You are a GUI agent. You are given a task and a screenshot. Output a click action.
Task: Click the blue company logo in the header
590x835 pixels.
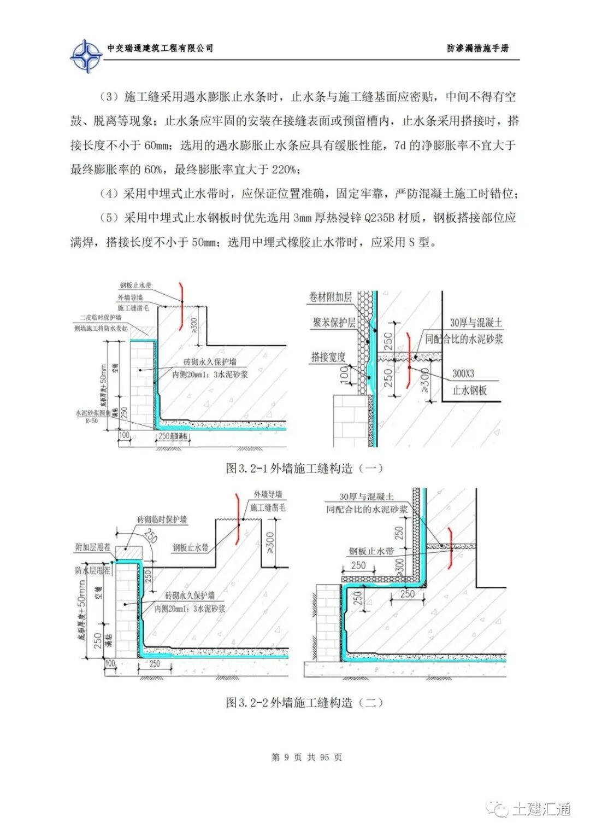86,55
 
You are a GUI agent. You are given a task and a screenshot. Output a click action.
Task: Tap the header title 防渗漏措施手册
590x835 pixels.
477,48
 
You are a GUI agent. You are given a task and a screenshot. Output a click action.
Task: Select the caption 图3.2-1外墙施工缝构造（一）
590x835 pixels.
304,468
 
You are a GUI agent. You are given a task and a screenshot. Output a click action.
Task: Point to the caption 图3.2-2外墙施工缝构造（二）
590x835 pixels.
304,702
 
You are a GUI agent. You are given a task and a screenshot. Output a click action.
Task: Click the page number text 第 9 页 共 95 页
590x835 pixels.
306,757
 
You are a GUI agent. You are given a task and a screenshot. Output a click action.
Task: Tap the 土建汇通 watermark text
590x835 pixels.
541,809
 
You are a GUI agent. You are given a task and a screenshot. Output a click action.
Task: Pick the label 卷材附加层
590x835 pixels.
331,297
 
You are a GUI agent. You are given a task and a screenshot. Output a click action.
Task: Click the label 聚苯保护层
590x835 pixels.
334,323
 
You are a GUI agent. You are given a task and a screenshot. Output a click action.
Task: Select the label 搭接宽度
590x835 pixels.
328,357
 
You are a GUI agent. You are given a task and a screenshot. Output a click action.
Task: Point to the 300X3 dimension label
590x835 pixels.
463,373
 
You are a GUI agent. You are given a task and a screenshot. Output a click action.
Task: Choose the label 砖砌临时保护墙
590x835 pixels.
162,519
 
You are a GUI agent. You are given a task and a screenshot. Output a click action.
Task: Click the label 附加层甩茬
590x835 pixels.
93,547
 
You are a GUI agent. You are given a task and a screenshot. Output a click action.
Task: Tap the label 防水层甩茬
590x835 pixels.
93,570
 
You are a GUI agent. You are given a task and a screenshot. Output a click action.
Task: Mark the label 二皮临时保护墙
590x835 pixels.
101,317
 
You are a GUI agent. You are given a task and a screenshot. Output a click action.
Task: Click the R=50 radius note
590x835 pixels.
91,421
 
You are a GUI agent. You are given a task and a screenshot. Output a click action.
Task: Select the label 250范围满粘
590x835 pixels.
173,436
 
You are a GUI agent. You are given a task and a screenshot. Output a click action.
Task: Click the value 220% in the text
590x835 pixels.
284,170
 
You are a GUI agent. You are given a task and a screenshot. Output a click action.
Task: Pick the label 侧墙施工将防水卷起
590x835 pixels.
101,328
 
